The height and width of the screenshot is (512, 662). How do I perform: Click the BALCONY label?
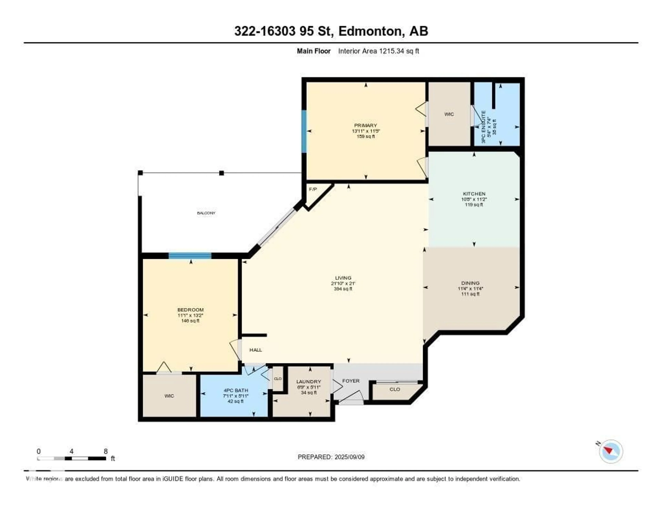(206, 213)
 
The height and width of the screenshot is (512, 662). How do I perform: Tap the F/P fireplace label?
(313, 189)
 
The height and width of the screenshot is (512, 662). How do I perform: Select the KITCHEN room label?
(474, 194)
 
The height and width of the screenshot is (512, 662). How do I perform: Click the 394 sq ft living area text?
(343, 289)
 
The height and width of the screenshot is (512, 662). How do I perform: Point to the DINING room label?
(470, 283)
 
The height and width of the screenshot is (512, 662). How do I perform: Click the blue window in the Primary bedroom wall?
(304, 131)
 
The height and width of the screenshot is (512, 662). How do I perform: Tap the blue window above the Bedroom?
(190, 255)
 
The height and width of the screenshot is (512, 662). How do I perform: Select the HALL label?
(255, 350)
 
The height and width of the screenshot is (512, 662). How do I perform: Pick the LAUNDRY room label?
(309, 381)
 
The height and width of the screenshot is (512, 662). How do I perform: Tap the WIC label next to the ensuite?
(449, 114)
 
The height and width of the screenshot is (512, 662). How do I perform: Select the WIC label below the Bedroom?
(169, 396)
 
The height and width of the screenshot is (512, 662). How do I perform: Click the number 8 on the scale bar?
(106, 451)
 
